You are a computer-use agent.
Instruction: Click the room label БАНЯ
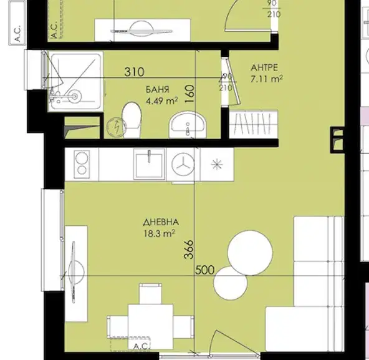(x=158, y=89)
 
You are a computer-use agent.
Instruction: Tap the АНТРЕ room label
(x=264, y=68)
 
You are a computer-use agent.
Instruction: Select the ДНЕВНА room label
(x=161, y=222)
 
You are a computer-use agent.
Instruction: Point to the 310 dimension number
(x=134, y=72)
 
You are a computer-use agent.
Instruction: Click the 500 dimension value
(x=204, y=270)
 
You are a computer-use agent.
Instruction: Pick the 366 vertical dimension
(x=189, y=250)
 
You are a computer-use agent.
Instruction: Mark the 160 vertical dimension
(x=189, y=94)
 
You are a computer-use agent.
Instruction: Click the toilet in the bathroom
(x=132, y=120)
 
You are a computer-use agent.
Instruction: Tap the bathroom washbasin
(x=188, y=125)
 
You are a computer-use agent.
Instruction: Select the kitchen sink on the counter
(x=149, y=164)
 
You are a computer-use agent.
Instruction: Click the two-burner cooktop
(x=82, y=165)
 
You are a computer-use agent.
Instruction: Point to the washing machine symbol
(x=183, y=165)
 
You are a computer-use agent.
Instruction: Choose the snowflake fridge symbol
(x=217, y=165)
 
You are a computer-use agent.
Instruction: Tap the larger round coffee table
(x=250, y=253)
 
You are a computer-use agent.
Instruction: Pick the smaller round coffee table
(x=231, y=283)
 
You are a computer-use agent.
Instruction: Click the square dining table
(x=151, y=327)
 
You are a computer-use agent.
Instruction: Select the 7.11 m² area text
(x=266, y=79)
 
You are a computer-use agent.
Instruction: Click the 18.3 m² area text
(x=159, y=234)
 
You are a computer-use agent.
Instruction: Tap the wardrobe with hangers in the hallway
(x=254, y=124)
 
